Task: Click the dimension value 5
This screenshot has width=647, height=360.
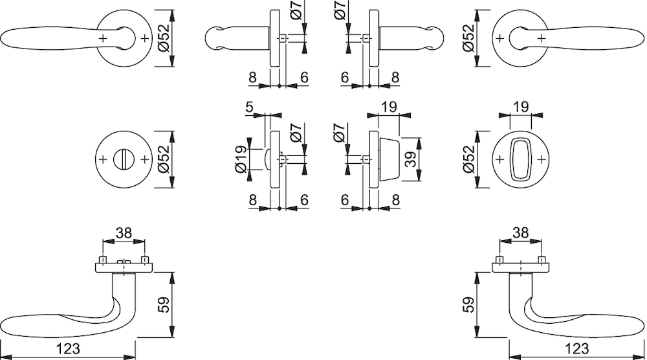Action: (x=249, y=107)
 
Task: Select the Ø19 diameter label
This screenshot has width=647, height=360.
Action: (x=242, y=159)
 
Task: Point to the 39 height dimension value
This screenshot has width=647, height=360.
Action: (x=411, y=159)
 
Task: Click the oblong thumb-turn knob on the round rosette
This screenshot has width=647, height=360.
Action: (x=520, y=159)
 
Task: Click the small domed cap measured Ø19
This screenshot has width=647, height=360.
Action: (x=267, y=159)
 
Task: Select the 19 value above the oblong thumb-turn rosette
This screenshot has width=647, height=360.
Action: (x=521, y=107)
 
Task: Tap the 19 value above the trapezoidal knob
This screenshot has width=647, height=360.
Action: (x=389, y=107)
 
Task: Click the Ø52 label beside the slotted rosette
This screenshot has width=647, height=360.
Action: (x=164, y=159)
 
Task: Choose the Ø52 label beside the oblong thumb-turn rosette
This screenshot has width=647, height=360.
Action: (x=468, y=159)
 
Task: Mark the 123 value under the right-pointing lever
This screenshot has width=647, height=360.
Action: (x=576, y=349)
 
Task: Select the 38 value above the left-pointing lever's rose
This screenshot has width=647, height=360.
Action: (x=124, y=233)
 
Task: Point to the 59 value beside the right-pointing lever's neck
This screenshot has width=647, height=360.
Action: (x=468, y=305)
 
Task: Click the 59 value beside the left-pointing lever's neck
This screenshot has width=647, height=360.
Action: (x=164, y=305)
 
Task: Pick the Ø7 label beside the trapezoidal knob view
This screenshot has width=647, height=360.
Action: (x=338, y=133)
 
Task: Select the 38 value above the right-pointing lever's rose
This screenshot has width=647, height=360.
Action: (x=520, y=233)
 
